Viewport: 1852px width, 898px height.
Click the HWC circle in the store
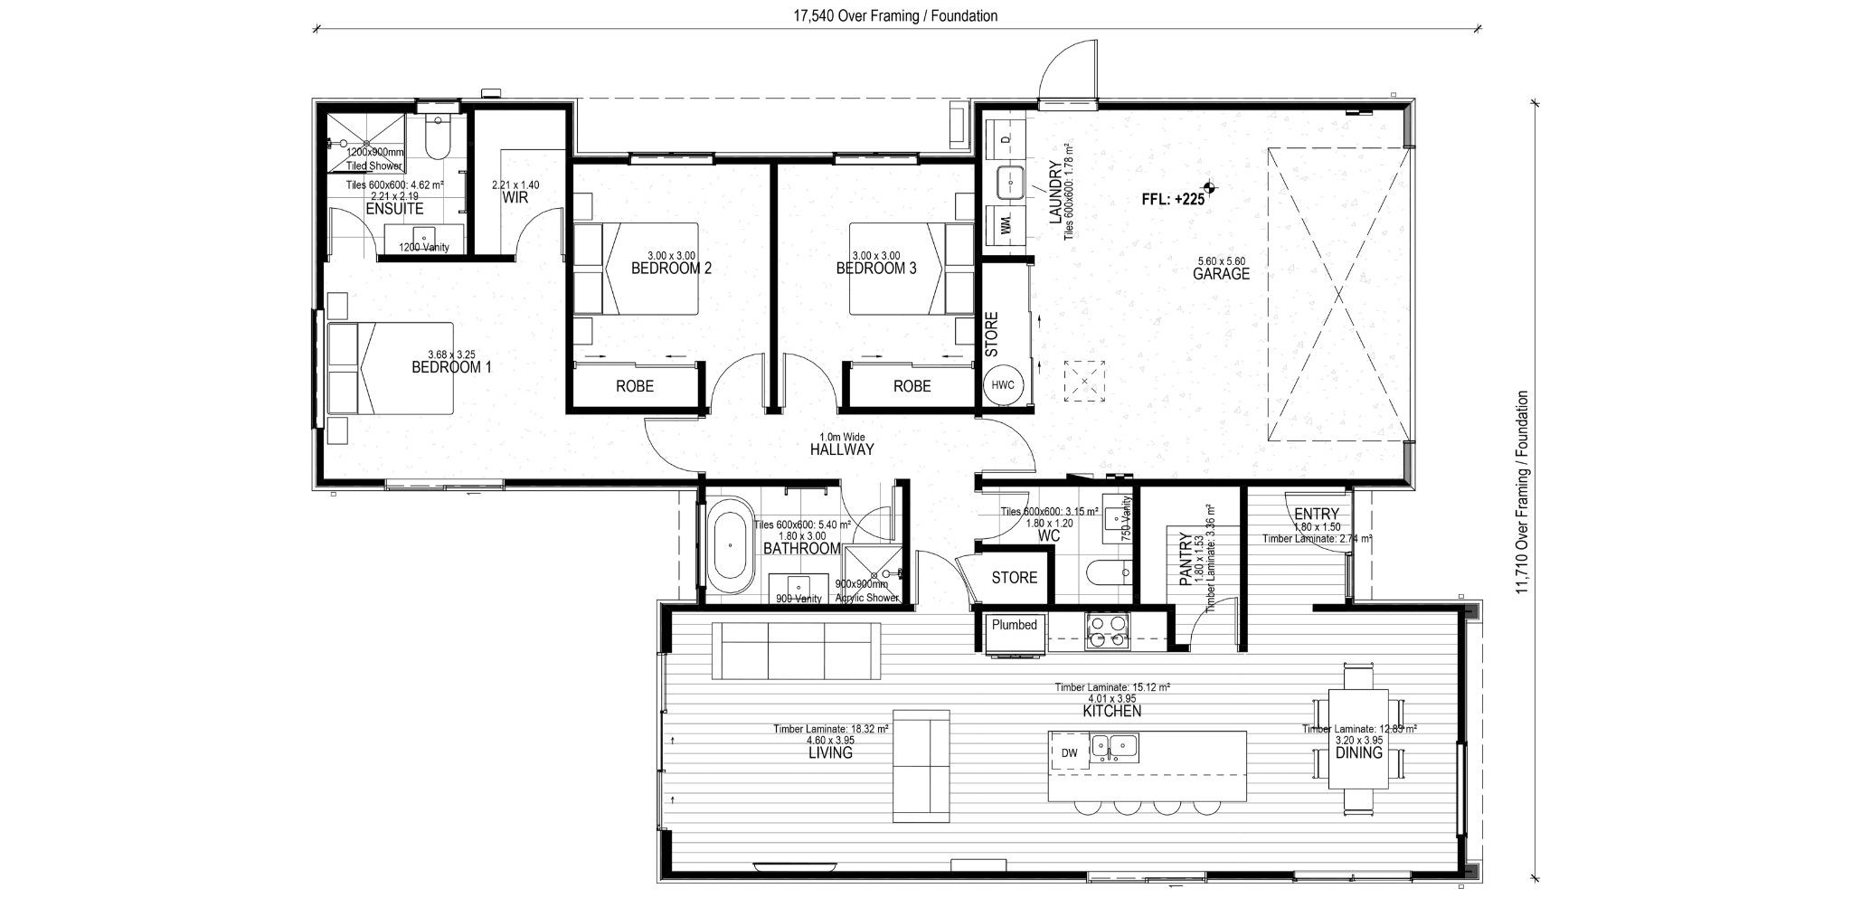pos(1003,385)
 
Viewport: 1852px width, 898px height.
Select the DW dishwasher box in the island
pos(1070,752)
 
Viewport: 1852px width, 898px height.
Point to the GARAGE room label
pos(1221,274)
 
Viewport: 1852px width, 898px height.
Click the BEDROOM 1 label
pos(451,368)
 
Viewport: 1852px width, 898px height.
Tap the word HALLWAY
pos(842,449)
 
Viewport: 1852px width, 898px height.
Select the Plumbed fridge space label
pos(1014,625)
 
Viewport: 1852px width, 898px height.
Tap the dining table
pos(1359,738)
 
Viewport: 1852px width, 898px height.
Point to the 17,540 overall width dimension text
pos(893,16)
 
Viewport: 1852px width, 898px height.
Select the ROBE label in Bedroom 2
pos(635,386)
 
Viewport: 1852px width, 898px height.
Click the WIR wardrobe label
pos(515,197)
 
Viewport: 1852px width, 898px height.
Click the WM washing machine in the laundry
pos(1007,222)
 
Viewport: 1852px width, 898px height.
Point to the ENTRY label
pos(1316,515)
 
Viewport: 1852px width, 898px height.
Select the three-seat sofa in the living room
pos(796,650)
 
